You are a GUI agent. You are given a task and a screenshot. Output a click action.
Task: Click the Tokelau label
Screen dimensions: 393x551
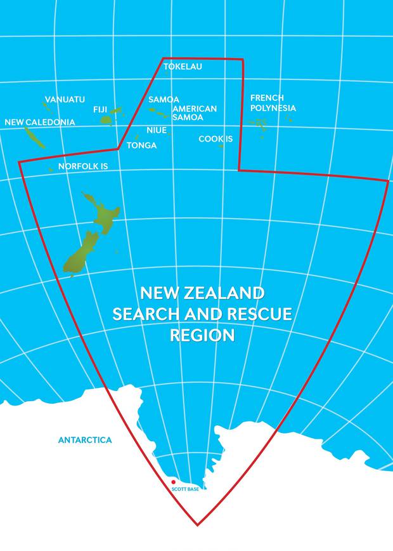pyautogui.click(x=183, y=67)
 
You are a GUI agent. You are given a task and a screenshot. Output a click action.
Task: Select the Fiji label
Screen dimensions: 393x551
pyautogui.click(x=100, y=109)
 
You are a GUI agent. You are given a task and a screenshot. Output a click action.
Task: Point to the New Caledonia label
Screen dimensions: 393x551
pyautogui.click(x=39, y=122)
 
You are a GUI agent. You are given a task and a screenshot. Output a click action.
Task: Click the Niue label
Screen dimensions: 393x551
pyautogui.click(x=157, y=130)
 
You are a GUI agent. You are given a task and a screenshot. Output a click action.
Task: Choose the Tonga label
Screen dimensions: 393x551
pyautogui.click(x=141, y=145)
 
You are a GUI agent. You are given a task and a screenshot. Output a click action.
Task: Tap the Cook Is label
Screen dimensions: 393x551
pyautogui.click(x=216, y=138)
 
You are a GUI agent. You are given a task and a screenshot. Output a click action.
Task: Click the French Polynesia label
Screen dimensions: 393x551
pyautogui.click(x=273, y=103)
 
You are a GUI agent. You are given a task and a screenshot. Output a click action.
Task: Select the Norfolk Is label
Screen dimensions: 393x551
pyautogui.click(x=84, y=166)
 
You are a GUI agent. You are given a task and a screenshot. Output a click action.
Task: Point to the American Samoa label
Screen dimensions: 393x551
pyautogui.click(x=194, y=113)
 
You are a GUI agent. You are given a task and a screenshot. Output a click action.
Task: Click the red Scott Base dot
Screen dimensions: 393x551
pyautogui.click(x=173, y=482)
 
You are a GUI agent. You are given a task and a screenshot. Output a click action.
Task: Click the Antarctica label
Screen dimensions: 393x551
pyautogui.click(x=85, y=439)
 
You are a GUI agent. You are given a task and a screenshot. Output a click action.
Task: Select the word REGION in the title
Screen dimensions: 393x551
pyautogui.click(x=202, y=335)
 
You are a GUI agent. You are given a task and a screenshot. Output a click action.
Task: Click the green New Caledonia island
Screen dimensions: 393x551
pyautogui.click(x=35, y=137)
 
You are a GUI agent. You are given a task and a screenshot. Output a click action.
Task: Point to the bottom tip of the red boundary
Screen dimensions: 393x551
pyautogui.click(x=198, y=525)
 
